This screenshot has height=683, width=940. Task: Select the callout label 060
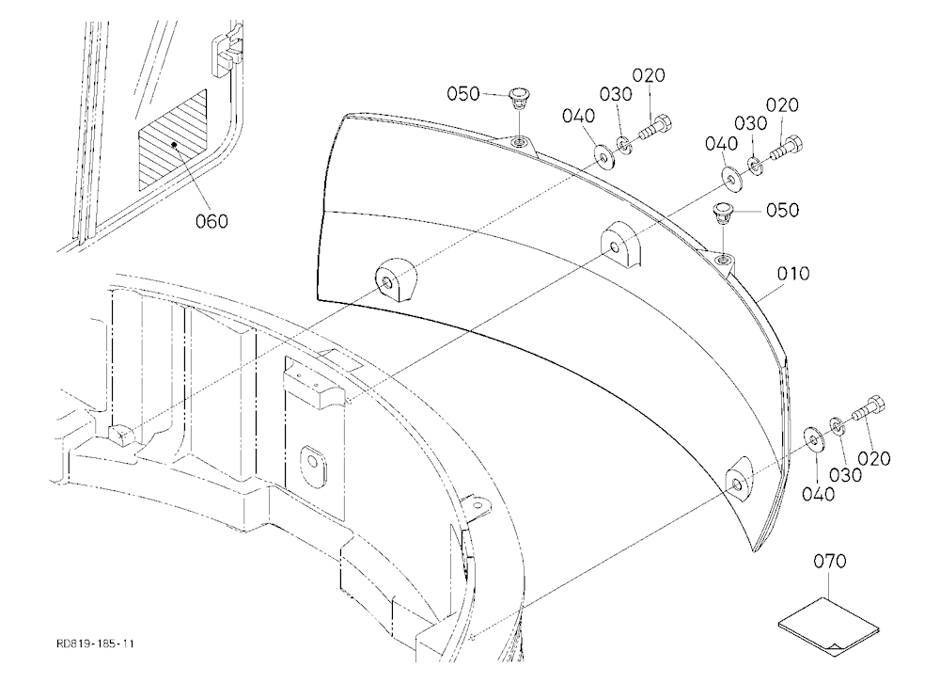(212, 221)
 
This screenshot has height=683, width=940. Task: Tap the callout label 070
(830, 562)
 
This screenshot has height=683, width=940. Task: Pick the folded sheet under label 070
(828, 625)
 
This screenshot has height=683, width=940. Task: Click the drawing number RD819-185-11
(95, 644)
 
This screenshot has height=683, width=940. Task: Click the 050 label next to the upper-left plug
(463, 94)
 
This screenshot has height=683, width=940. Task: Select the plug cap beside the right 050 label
(722, 213)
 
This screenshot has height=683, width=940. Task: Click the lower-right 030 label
(845, 475)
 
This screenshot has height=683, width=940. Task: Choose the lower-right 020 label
(873, 458)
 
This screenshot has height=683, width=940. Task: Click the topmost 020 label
(649, 75)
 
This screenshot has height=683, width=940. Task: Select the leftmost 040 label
(578, 115)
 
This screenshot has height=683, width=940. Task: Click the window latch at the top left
(227, 51)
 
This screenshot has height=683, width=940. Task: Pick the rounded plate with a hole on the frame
(312, 463)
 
